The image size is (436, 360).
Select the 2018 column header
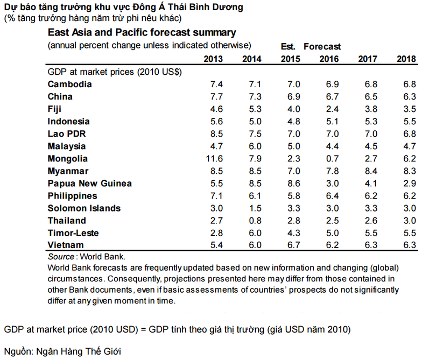click(406, 59)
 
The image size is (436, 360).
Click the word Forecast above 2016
click(322, 47)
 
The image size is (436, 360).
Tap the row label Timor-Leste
click(74, 233)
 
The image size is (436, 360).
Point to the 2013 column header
click(214, 59)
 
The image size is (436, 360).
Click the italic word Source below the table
click(61, 257)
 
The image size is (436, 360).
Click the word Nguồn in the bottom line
click(18, 351)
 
